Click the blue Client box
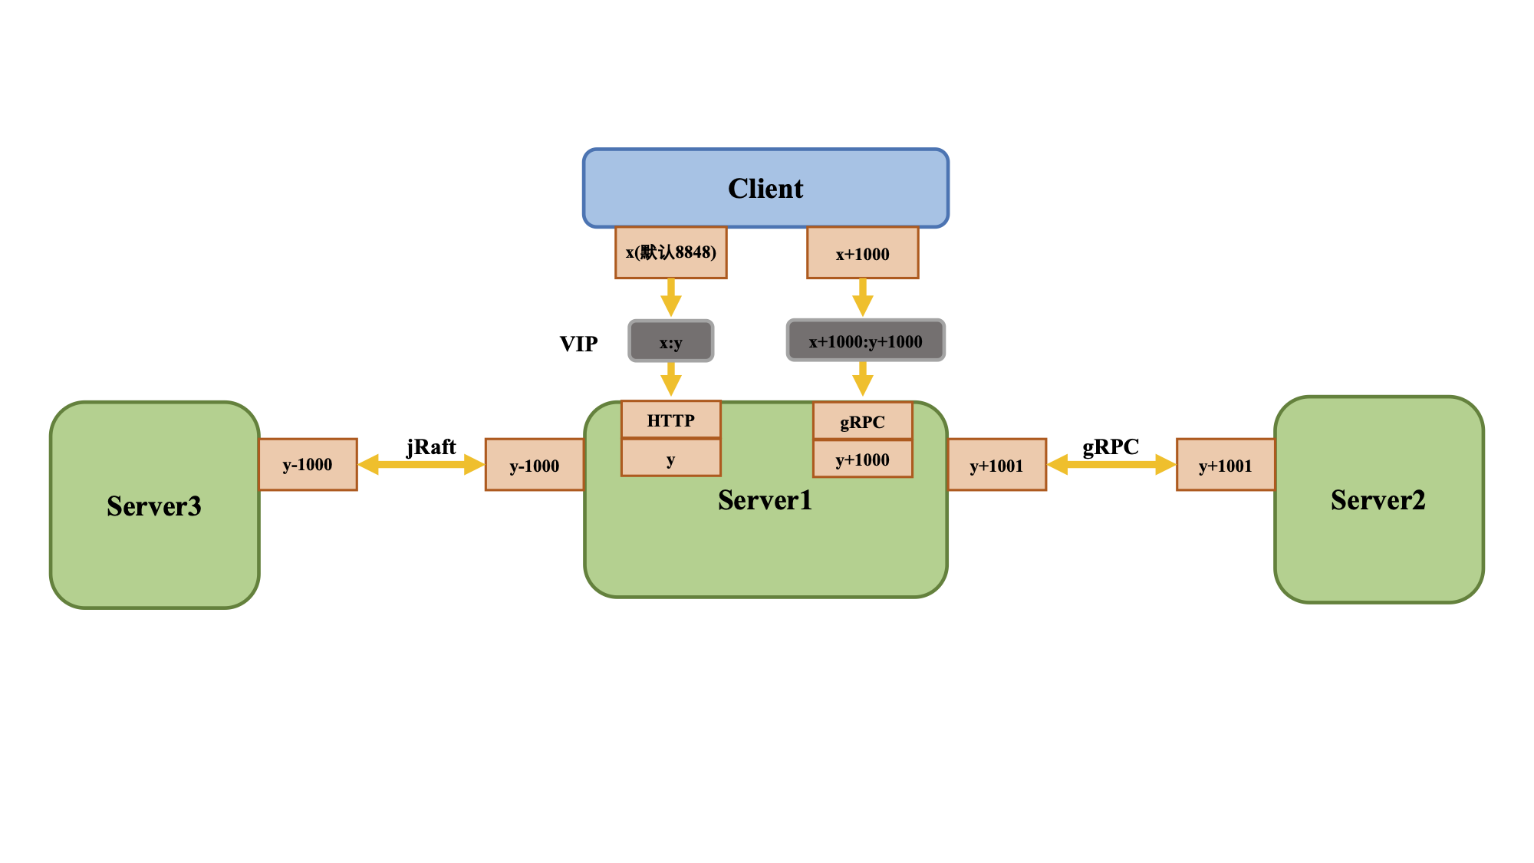(765, 188)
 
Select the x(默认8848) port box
(670, 252)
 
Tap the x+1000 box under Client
(862, 253)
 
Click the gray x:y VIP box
(670, 341)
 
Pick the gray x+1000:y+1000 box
(865, 341)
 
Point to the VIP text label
(578, 344)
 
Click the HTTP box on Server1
(670, 420)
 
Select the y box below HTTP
(670, 459)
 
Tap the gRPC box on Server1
(862, 421)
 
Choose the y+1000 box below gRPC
(862, 459)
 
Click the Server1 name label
(765, 500)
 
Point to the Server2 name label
(1378, 500)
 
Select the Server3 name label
(154, 506)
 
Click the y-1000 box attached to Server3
(308, 465)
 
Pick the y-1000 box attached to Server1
(535, 465)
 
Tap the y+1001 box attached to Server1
(996, 465)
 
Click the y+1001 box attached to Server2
(1225, 465)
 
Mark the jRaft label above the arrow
(431, 446)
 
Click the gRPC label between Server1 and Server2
(1111, 446)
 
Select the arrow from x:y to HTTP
(670, 379)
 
